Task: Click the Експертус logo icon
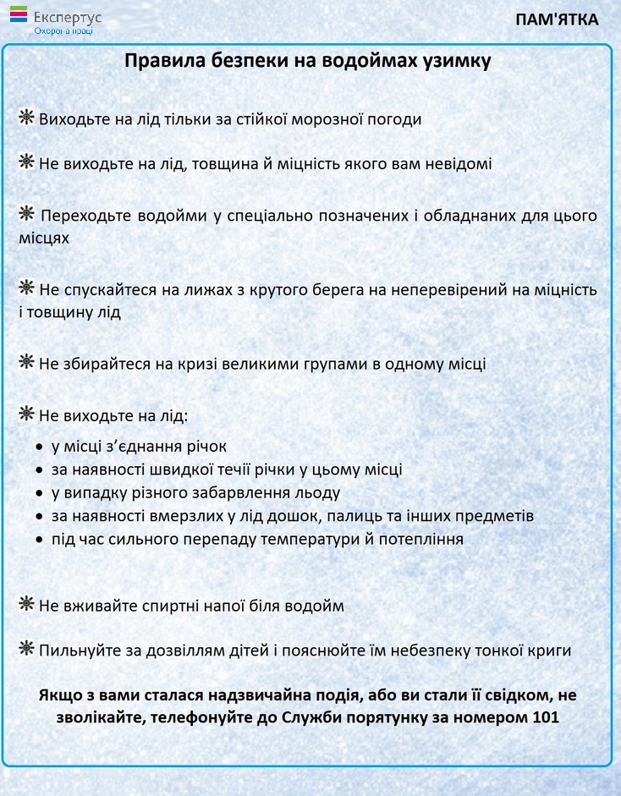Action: (19, 14)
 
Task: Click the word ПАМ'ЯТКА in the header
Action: (557, 19)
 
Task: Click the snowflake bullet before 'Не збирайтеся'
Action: (27, 363)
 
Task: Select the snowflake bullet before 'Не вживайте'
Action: (27, 605)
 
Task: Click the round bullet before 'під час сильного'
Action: (40, 540)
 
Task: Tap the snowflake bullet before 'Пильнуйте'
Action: (27, 649)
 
